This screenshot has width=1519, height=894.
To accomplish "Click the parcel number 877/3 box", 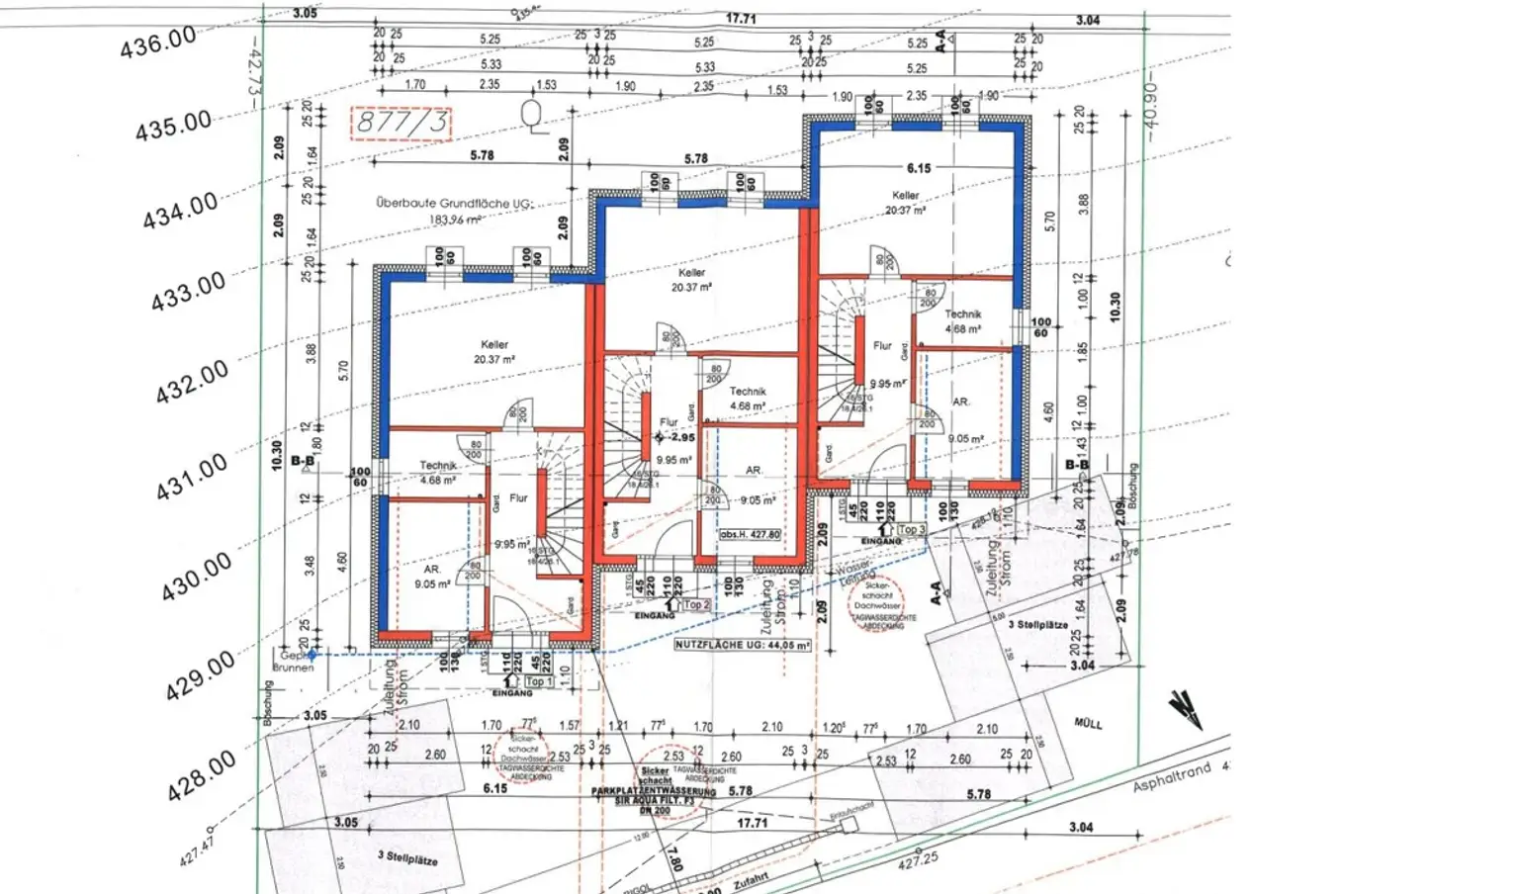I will (402, 123).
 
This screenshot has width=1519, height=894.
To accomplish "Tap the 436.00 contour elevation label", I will (158, 43).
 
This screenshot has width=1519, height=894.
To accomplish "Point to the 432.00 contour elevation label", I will (191, 382).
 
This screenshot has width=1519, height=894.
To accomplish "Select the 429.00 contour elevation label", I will (200, 674).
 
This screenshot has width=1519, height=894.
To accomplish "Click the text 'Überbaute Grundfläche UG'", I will (454, 203).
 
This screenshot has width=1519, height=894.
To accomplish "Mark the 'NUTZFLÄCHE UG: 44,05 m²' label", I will (742, 645).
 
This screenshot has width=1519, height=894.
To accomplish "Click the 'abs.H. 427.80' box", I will (751, 534).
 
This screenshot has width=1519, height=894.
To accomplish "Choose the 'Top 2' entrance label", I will (696, 604).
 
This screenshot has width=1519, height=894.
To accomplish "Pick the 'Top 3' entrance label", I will (911, 530).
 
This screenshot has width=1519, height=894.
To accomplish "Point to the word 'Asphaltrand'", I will (1172, 777).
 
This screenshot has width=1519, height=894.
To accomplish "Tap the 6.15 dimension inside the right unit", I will (919, 169).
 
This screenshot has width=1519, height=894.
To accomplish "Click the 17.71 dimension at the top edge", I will (740, 19).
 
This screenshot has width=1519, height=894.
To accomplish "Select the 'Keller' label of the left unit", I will (494, 345).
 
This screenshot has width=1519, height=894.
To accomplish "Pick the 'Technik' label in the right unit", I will (962, 314).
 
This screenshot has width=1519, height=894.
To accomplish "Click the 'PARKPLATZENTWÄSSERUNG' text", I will (654, 792).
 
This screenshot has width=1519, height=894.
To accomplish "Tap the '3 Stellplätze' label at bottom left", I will (407, 857).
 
